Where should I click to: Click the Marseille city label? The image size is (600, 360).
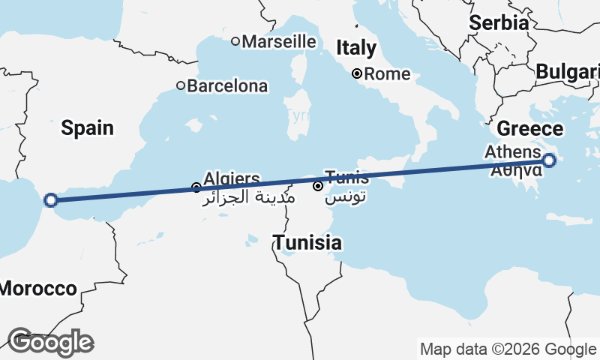click(278, 41)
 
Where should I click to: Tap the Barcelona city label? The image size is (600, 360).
click(226, 86)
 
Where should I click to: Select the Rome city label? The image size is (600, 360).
click(387, 74)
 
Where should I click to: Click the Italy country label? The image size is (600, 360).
click(356, 49)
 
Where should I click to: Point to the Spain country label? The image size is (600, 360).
click(88, 128)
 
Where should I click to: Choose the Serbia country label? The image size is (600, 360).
click(499, 23)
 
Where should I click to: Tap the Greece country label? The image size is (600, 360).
click(530, 127)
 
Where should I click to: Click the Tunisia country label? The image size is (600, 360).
click(307, 243)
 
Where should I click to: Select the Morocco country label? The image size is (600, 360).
click(37, 289)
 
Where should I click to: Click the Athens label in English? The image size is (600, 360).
click(512, 152)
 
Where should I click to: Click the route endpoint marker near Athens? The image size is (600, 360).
click(549, 160)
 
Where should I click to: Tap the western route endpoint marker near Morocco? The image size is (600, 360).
click(51, 199)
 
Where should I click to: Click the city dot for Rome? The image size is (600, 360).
click(358, 73)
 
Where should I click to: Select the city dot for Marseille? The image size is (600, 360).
click(235, 41)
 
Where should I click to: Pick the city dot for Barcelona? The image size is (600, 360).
click(181, 85)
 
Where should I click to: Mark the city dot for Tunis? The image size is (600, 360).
click(318, 185)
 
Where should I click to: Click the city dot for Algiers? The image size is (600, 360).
click(196, 187)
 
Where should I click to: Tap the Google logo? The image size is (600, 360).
click(51, 342)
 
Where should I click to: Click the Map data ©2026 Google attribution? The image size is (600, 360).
click(508, 349)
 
